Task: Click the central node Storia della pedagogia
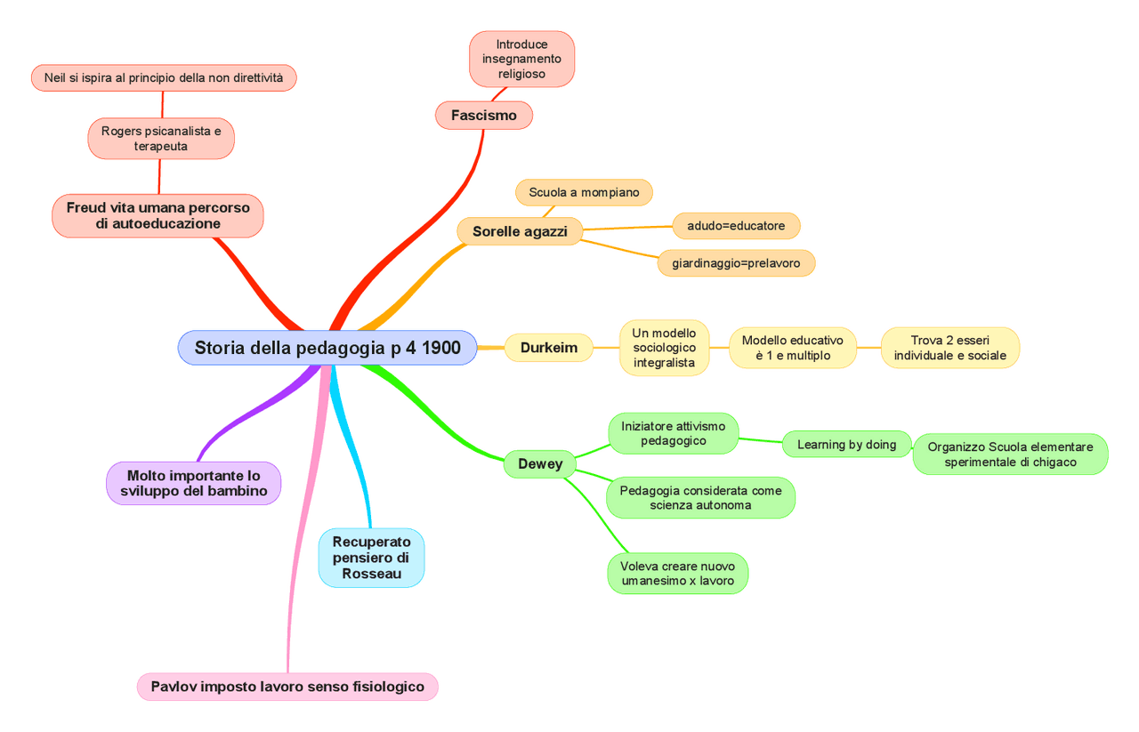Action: (x=327, y=348)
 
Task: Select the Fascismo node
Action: (x=483, y=115)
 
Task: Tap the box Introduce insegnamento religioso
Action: (x=521, y=60)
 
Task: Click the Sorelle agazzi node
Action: (x=520, y=231)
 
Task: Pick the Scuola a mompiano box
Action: (x=584, y=192)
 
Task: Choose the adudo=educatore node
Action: (x=736, y=226)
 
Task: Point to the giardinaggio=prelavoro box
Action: (x=736, y=263)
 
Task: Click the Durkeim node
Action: (x=549, y=348)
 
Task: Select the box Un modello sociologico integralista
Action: (x=664, y=348)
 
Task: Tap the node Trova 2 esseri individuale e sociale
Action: (x=949, y=348)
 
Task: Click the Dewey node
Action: (x=540, y=464)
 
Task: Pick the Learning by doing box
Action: (x=846, y=445)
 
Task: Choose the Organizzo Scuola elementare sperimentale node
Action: (x=1010, y=454)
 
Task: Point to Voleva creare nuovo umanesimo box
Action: (x=678, y=574)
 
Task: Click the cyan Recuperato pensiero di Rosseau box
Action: (x=371, y=558)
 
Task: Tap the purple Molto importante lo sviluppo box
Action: (x=194, y=484)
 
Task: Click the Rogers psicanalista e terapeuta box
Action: (x=161, y=139)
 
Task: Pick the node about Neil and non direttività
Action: (x=164, y=78)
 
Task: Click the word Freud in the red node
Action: (x=85, y=208)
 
